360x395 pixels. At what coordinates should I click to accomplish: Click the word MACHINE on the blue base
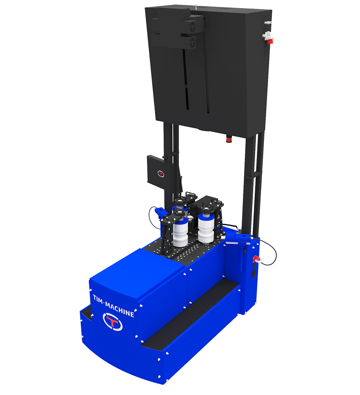pos(120,309)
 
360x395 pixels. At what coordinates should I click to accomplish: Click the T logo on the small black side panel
pos(160,174)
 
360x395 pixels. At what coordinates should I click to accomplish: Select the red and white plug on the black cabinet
pos(268,38)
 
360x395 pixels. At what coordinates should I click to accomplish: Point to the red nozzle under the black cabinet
pos(229,139)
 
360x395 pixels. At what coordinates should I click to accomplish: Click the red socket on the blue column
pos(256,259)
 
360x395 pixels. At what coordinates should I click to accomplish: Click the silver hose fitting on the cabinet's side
pos(267,23)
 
